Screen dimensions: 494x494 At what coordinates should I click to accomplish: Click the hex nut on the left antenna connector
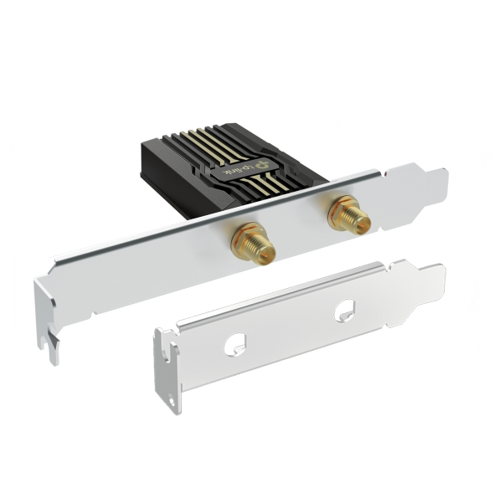click(244, 236)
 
